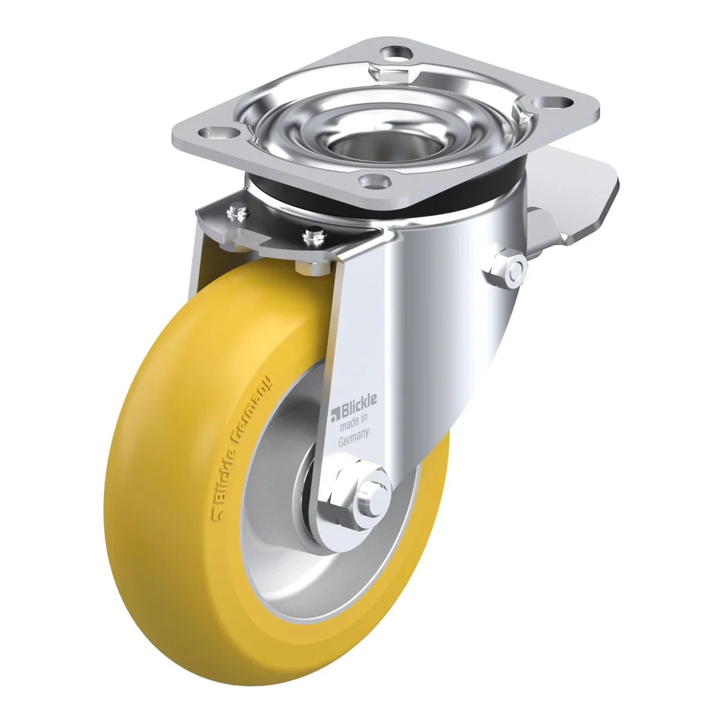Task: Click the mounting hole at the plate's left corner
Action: pyautogui.click(x=218, y=132)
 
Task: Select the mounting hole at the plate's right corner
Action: pyautogui.click(x=553, y=102)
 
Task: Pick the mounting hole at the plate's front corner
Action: pyautogui.click(x=375, y=181)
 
